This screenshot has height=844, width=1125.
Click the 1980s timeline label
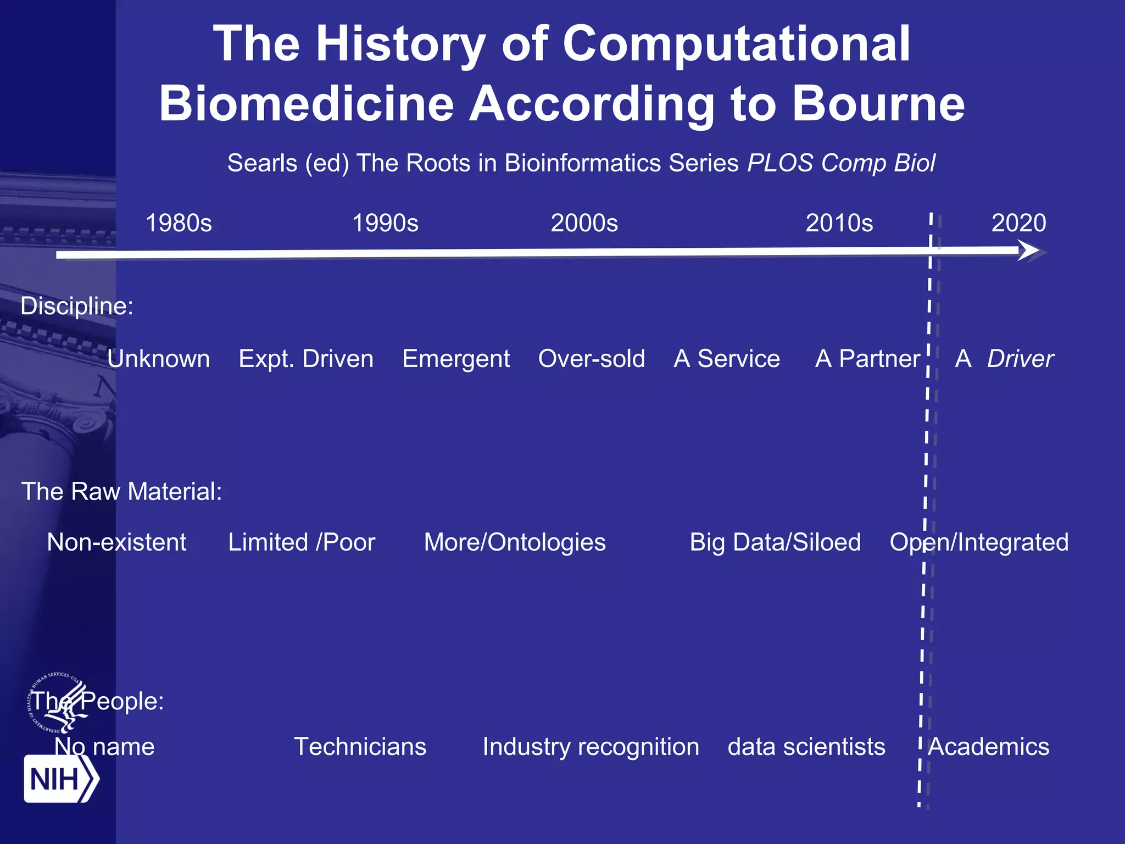pos(179,223)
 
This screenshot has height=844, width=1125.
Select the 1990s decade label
pos(385,223)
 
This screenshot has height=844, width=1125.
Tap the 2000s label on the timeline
pos(584,223)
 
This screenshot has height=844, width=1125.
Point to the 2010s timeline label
pos(839,223)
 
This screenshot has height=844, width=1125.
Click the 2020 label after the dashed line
pos(1018,223)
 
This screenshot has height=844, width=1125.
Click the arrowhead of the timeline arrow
pos(1032,252)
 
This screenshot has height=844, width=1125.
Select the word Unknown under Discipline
pos(158,359)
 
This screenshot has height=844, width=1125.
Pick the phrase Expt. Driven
pos(306,359)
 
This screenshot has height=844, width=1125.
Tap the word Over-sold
pos(592,359)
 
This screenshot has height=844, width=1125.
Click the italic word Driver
pos(1020,359)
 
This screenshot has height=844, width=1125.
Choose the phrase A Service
pos(726,359)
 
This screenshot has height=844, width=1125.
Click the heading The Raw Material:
pos(121,491)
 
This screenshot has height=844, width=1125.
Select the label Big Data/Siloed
pos(775,542)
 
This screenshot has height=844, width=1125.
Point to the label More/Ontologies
pos(515,542)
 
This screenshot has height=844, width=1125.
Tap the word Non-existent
pos(116,542)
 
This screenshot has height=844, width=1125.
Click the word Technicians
pos(360,747)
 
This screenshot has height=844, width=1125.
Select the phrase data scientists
pos(806,747)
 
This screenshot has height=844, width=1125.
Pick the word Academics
pos(989,747)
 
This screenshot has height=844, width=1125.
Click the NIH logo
pos(60,779)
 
